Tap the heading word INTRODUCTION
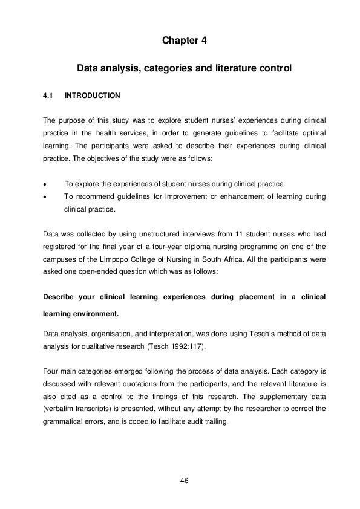(x=92, y=96)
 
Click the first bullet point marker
(x=45, y=184)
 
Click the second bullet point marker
(x=45, y=196)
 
